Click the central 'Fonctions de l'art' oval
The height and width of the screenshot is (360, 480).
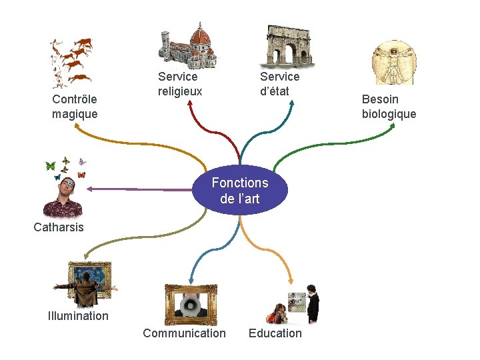(x=240, y=190)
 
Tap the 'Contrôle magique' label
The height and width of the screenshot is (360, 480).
(x=75, y=107)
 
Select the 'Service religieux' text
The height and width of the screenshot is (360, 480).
(x=179, y=84)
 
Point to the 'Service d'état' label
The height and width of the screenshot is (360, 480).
(x=279, y=84)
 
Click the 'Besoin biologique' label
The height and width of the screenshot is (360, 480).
(x=389, y=107)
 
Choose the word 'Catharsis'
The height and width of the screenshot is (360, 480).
(x=59, y=227)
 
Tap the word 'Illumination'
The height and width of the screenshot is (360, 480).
(x=78, y=316)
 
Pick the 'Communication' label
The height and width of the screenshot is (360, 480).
(x=184, y=333)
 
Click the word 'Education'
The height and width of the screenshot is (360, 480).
(x=275, y=333)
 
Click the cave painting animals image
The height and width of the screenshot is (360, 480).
(x=71, y=61)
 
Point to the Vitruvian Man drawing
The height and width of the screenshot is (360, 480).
(x=392, y=63)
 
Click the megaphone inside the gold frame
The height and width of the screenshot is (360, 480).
(x=191, y=305)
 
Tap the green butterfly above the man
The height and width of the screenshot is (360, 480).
(x=49, y=165)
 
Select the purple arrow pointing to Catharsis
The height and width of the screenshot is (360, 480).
(x=133, y=189)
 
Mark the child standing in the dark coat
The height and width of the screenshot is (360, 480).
(x=313, y=307)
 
